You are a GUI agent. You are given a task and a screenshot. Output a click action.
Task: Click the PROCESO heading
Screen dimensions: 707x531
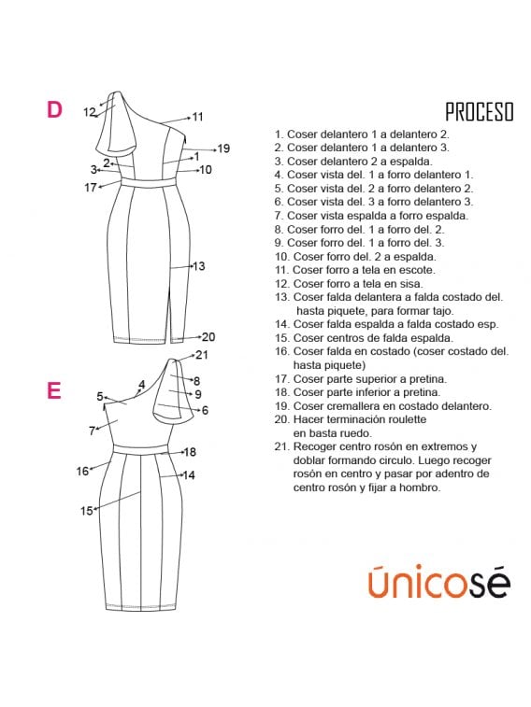click(479, 112)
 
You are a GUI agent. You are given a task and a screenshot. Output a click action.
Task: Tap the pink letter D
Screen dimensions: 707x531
click(54, 110)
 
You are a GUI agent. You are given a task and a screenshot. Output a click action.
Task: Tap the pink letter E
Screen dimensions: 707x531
click(54, 390)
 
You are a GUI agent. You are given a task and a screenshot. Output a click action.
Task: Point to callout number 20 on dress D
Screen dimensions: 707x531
click(208, 336)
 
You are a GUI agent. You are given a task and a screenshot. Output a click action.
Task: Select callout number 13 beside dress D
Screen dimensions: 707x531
click(198, 266)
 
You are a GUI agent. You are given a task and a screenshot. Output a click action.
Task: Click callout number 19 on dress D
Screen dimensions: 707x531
click(222, 148)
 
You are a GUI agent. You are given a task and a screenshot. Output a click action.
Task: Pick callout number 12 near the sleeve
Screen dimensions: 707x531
click(90, 112)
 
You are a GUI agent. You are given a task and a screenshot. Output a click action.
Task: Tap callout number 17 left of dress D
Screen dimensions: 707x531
click(91, 187)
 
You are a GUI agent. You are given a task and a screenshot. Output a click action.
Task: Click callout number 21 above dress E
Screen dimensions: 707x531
click(202, 354)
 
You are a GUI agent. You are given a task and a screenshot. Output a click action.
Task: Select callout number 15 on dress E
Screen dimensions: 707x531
click(87, 511)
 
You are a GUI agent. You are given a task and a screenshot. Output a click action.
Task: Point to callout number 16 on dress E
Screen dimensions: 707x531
click(82, 472)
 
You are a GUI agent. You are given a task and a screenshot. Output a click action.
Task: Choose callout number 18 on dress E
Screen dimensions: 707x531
click(189, 452)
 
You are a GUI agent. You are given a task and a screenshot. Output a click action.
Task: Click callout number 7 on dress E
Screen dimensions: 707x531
click(92, 431)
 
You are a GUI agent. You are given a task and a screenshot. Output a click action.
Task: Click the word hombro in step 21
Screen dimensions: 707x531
click(420, 488)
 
